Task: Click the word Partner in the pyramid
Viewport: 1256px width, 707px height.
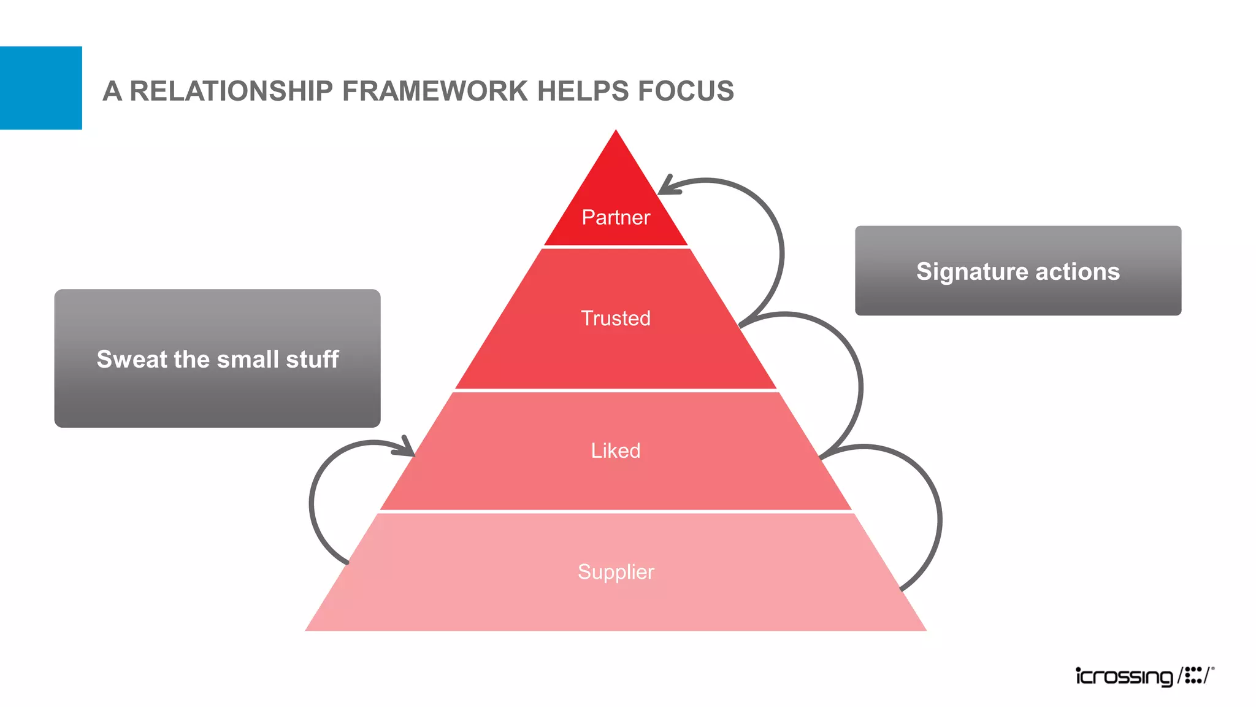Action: (616, 217)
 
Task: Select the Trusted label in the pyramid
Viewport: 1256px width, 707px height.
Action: (616, 318)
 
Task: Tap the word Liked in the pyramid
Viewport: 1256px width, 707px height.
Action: (616, 450)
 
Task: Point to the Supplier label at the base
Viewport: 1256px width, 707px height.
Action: (616, 571)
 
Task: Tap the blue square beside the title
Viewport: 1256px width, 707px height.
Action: (40, 88)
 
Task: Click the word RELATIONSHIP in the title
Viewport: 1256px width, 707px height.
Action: (231, 91)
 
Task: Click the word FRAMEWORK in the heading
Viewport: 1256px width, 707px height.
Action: (435, 91)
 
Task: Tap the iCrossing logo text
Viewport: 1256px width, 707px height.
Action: (1124, 676)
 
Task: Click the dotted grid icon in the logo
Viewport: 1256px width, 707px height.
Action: (1193, 675)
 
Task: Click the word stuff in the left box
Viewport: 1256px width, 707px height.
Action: (312, 359)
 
